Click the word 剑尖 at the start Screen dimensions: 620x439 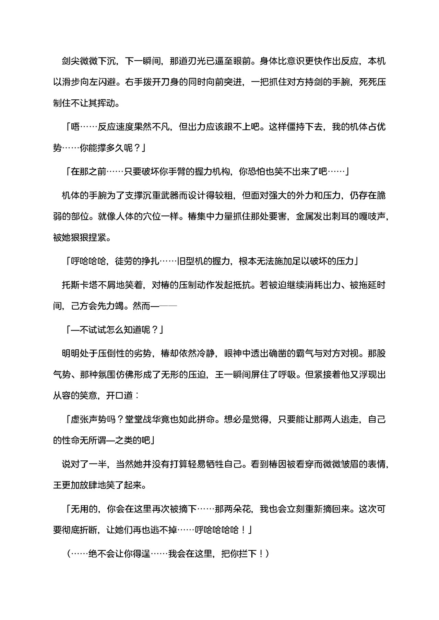click(x=70, y=61)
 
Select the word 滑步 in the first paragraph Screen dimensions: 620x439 click(x=79, y=83)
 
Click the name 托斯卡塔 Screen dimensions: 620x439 click(x=79, y=285)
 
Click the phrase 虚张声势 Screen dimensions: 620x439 click(x=88, y=419)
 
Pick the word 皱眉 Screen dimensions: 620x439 click(x=350, y=464)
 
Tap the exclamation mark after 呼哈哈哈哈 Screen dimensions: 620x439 click(x=243, y=530)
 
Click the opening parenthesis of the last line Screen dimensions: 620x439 click(x=69, y=554)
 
